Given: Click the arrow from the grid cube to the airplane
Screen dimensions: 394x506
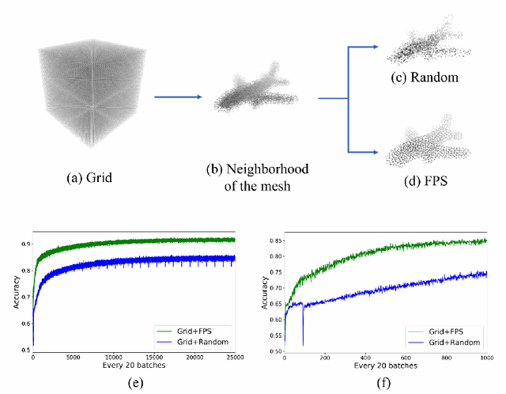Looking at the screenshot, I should point(177,98).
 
